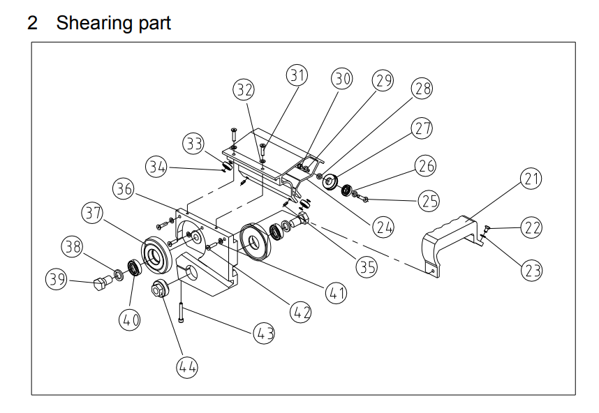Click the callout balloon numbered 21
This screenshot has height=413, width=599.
click(532, 179)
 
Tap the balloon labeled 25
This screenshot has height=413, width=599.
click(428, 201)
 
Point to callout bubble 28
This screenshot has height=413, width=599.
click(422, 89)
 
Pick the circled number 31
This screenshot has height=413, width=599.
click(298, 75)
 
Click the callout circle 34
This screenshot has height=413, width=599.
click(157, 167)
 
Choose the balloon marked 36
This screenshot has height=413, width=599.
click(125, 188)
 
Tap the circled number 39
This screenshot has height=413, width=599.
click(57, 280)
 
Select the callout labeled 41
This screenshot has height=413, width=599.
click(337, 294)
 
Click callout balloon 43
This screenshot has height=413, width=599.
click(264, 333)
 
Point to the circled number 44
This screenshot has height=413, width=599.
click(186, 366)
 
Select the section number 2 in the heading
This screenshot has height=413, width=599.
click(33, 22)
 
